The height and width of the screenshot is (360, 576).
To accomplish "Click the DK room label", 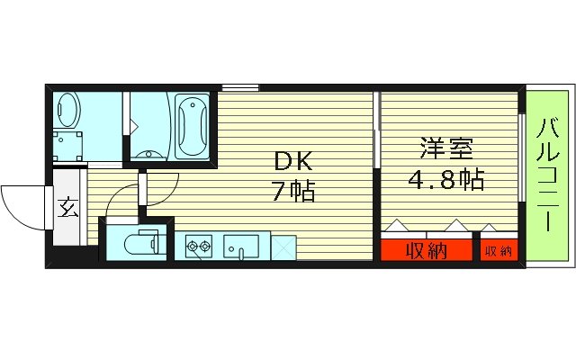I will [294, 161].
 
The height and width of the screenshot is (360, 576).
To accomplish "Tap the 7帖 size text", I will [294, 191].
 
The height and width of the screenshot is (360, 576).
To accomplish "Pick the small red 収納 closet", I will [499, 250].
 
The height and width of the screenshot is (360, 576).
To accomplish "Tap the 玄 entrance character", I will [67, 209].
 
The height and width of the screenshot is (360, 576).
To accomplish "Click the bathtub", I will [191, 126].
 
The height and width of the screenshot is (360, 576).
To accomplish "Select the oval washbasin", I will [67, 110].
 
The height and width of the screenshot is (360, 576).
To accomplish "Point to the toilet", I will [139, 243].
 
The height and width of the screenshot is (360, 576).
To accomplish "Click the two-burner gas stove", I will [198, 244].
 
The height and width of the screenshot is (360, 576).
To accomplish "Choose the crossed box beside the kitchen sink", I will [283, 245].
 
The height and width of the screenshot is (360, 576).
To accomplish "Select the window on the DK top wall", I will [240, 87].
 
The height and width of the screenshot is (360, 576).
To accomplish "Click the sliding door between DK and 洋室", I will [374, 135].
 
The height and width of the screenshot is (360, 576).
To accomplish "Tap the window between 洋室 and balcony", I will [523, 153].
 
